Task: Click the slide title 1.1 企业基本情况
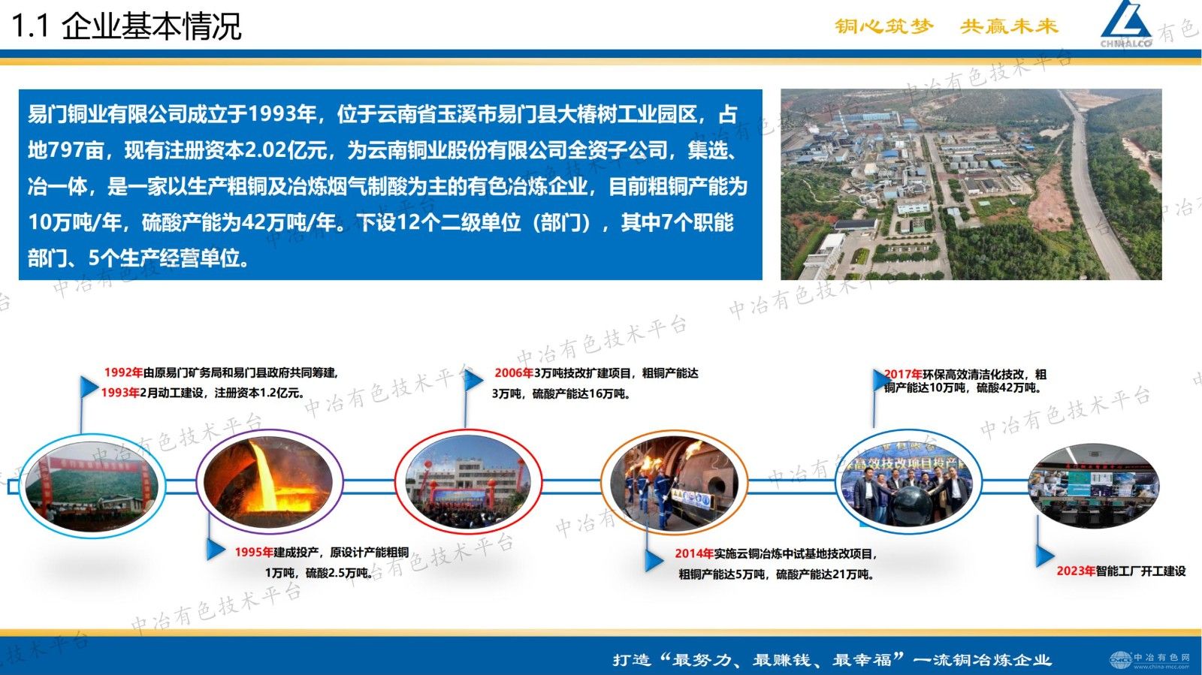click(126, 26)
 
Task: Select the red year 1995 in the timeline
click(253, 553)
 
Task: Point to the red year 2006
click(513, 373)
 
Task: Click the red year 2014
click(693, 554)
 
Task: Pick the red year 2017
click(903, 374)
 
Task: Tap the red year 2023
click(1075, 571)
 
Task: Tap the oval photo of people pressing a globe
click(908, 482)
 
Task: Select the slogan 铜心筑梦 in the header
click(884, 26)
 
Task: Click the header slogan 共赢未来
click(1009, 26)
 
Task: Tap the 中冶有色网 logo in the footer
click(1150, 660)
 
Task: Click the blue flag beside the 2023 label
click(1043, 556)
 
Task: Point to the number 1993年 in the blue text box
click(282, 114)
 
